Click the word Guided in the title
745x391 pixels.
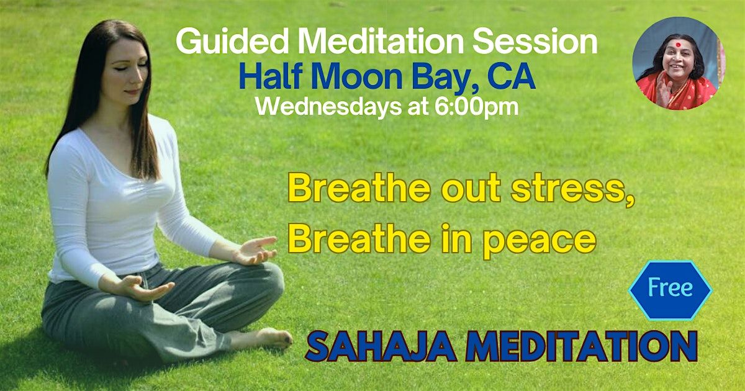[232, 43]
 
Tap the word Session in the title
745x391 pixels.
[535, 43]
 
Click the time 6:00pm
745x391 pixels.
[476, 107]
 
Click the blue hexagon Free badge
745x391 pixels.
[670, 290]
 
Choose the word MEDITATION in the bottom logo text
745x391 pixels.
[581, 346]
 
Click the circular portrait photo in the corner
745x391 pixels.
[679, 63]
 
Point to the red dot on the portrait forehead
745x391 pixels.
[678, 45]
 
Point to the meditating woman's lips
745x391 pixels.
[132, 91]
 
